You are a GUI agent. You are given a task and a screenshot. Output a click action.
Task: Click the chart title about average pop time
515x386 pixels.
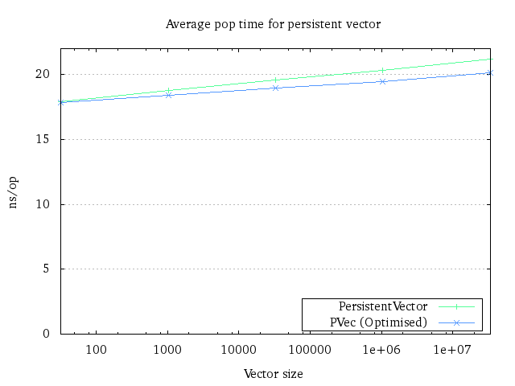point(273,24)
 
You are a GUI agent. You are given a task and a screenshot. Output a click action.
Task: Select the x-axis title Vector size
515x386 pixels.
point(273,374)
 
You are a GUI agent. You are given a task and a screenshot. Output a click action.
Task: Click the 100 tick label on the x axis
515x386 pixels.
point(96,350)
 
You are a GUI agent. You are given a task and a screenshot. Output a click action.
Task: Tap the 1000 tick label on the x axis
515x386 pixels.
point(167,350)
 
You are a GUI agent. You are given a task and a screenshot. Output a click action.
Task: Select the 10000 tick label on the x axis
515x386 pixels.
point(238,350)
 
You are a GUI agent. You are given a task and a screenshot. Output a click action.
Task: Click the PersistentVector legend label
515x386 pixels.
point(383,306)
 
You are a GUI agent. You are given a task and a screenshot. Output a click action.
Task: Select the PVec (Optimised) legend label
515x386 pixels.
point(378,322)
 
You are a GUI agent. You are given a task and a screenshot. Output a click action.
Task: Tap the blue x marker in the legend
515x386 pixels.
point(455,322)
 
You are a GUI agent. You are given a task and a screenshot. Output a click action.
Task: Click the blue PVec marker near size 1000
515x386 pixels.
point(168,95)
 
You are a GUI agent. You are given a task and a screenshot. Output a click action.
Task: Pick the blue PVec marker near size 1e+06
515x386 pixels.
point(382,81)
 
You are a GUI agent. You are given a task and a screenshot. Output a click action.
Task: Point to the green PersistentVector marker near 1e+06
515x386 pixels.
point(382,71)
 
